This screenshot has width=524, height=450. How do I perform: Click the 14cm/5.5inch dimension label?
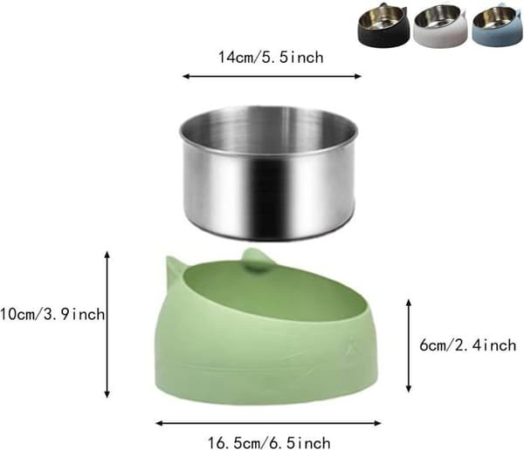point(271,57)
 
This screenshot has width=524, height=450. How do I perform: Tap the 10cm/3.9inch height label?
point(52,315)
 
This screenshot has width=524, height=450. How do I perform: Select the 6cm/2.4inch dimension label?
point(468,344)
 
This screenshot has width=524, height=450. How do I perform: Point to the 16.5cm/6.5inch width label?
point(269,443)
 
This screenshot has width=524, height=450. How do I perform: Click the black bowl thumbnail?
point(383,24)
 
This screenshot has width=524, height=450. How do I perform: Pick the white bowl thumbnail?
point(440,26)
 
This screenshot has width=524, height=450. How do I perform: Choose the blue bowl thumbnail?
point(498,25)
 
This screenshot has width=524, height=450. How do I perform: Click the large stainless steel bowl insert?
point(269,174)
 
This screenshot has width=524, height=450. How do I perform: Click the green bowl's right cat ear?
point(255,260)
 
